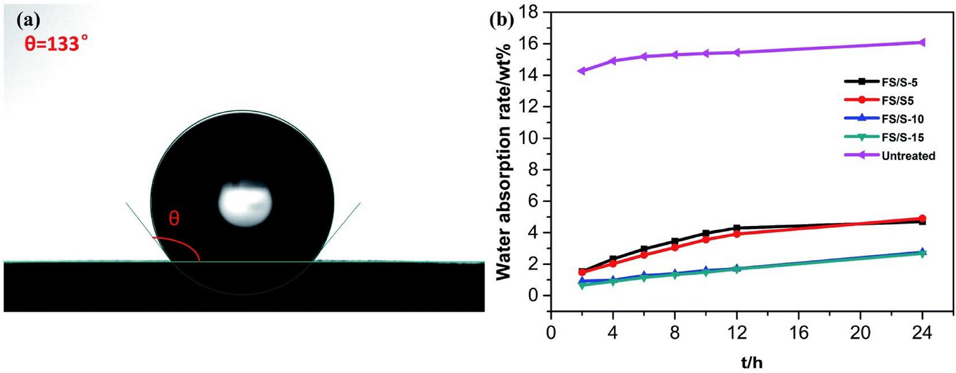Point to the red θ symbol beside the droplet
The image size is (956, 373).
[x=174, y=219]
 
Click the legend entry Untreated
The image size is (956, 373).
[x=908, y=156]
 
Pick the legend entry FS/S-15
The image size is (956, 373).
[x=903, y=137]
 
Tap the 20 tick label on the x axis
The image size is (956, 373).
[x=861, y=332]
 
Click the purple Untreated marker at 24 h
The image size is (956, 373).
[x=922, y=42]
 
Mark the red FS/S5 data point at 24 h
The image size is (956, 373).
[x=922, y=218]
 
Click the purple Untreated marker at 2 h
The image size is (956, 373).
[x=580, y=71]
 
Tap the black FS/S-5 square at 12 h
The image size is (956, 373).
[x=736, y=228]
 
